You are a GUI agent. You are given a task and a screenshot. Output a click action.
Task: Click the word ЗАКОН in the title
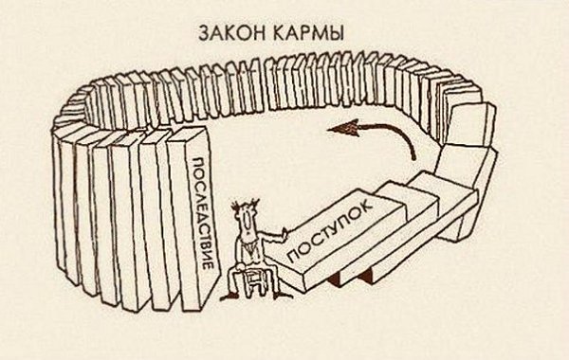(231, 33)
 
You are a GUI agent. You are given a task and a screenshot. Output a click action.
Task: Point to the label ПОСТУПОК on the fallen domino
(328, 231)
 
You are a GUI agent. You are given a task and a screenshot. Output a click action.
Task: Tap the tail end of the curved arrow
(413, 157)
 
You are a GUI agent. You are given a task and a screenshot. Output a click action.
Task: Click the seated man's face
(244, 221)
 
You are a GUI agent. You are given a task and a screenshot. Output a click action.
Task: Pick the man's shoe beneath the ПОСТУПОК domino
(283, 296)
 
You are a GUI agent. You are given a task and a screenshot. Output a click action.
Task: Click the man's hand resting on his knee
(247, 269)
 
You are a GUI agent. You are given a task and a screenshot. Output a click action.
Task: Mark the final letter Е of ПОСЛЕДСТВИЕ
(207, 264)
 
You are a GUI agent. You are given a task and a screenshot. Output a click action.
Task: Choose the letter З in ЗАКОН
(204, 33)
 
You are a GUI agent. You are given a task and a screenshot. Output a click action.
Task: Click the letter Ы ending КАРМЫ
(336, 33)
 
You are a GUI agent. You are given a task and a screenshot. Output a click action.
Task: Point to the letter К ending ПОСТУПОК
(365, 206)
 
